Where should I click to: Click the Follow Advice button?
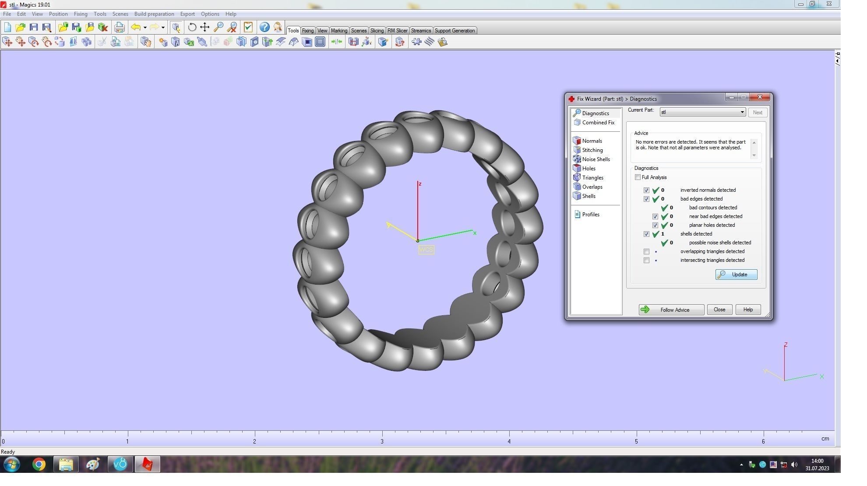pos(671,310)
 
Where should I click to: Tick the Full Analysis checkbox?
pos(638,177)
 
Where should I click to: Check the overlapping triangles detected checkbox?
pos(646,252)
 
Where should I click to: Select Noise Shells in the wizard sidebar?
pos(596,159)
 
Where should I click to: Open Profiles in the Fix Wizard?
pos(590,215)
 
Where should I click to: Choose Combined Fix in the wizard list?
pos(598,123)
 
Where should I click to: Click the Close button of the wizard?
pos(719,310)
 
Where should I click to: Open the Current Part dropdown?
pos(742,113)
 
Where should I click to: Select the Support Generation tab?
pos(455,31)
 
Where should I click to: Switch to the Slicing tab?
pos(377,31)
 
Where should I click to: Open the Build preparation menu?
pos(154,14)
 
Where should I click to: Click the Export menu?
pos(187,14)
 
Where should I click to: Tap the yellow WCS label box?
pos(426,250)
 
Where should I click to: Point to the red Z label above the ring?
pos(420,184)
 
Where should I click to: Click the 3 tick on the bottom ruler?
pos(382,441)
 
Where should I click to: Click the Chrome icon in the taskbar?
pos(39,464)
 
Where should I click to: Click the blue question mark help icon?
pos(264,27)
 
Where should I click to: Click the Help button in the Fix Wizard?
pos(747,310)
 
